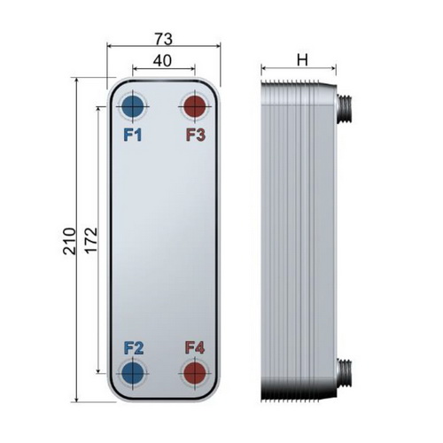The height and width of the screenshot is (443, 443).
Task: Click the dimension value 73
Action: point(163,39)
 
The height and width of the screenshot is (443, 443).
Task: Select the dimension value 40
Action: point(162,60)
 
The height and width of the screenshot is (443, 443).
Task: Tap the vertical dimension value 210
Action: point(69,241)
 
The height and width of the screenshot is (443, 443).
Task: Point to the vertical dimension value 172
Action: point(91,239)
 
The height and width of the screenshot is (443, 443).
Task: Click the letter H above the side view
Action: point(302,60)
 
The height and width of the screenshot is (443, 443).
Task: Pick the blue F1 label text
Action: point(133,135)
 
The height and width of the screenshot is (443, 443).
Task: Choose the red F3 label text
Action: point(196,135)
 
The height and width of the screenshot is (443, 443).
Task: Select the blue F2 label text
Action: point(134,348)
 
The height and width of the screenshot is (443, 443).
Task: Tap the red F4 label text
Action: point(195,347)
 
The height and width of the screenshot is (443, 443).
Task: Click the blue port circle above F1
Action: point(133,106)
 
